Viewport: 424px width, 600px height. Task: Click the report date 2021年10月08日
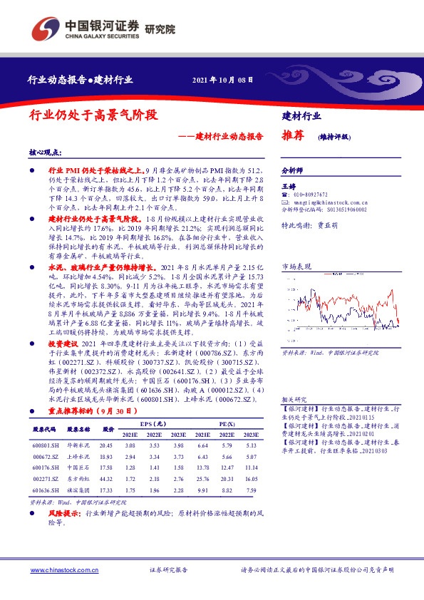coord(222,79)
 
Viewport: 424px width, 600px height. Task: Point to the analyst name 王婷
coord(288,185)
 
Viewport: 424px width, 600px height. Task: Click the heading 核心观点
coord(45,153)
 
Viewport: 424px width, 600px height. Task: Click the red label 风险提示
coord(64,513)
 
